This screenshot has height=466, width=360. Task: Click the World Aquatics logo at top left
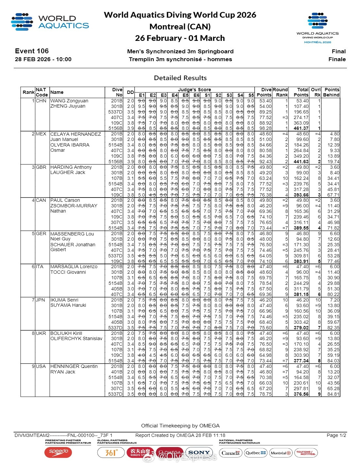point(50,22)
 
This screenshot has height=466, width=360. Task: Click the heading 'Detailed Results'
point(180,78)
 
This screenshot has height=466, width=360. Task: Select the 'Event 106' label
point(32,51)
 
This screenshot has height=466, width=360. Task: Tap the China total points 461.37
point(301,129)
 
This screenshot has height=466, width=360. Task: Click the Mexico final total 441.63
point(301,162)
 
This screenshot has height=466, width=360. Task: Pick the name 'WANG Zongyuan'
point(69,101)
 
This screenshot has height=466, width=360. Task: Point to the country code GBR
point(41,167)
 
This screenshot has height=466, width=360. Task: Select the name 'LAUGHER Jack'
point(68,172)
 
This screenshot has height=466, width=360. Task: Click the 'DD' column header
point(130,92)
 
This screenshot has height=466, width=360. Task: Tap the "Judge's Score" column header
point(194,90)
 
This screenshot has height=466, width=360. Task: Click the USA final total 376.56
point(301,394)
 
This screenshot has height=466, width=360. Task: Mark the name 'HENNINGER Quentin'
point(74,367)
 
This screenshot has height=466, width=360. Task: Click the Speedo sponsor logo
point(58,452)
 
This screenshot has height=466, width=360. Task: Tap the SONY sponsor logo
point(199,453)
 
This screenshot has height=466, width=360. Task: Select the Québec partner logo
point(256,453)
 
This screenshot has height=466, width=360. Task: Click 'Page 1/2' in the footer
point(336,435)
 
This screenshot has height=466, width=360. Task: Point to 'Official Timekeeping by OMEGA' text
point(180,426)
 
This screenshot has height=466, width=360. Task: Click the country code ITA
point(40,267)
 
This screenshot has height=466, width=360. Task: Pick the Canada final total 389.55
point(301,228)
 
